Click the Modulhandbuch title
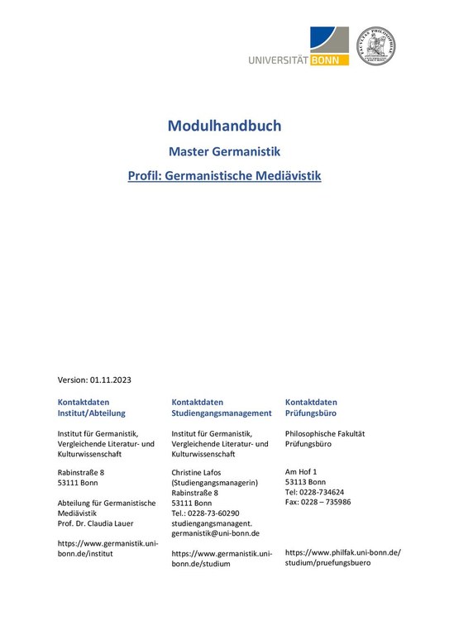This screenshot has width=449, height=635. (224, 127)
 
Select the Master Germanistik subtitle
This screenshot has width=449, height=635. (224, 151)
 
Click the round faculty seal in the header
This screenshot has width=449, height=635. (375, 46)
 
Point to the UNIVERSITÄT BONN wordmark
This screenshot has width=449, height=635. (298, 60)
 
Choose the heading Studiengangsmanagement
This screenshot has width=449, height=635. (222, 413)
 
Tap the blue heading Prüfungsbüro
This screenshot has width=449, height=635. (310, 413)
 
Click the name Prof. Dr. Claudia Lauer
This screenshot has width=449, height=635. (95, 523)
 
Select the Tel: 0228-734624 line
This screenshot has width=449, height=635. (314, 492)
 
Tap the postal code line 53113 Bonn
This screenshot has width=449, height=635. (305, 482)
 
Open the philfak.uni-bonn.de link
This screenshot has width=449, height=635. (342, 552)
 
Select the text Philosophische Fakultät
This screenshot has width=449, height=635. (324, 433)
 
